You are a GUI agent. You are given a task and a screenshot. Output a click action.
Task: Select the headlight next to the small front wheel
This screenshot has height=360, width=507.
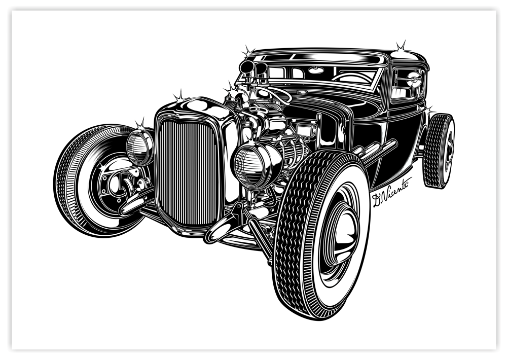(x=139, y=147)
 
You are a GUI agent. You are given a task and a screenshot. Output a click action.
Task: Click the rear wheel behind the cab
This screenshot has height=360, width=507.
(x=438, y=151)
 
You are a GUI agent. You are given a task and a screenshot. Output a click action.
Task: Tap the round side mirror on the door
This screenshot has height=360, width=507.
(x=414, y=80)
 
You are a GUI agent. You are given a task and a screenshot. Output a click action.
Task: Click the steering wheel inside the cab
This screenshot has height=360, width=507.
(x=351, y=78)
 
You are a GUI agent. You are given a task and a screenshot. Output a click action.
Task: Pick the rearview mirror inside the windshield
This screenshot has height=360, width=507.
(x=316, y=70)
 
